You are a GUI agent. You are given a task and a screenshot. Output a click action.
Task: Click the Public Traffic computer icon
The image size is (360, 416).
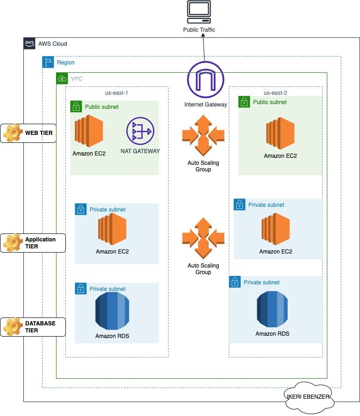[199, 12]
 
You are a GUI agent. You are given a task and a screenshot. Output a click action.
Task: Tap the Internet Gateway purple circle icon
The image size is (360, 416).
[205, 79]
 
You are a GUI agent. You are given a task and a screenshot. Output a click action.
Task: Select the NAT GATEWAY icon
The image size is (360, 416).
[140, 131]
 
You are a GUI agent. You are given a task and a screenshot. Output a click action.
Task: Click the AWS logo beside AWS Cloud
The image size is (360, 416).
[29, 43]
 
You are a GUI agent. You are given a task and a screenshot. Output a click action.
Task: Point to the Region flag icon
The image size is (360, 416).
[48, 62]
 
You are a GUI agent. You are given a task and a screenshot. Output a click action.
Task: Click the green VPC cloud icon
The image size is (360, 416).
[62, 78]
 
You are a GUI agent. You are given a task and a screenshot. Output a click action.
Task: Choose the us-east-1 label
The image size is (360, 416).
[116, 93]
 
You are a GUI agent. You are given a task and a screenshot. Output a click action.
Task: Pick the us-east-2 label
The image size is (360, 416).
[275, 93]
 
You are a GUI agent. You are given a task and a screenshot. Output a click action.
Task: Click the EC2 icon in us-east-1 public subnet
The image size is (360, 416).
[89, 131]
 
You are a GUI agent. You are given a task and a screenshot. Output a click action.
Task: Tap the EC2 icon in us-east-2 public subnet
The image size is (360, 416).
[280, 133]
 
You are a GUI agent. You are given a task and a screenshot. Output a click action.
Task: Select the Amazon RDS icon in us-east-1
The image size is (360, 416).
[112, 310]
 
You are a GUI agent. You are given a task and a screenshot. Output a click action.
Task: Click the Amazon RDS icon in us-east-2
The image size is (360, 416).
[272, 309]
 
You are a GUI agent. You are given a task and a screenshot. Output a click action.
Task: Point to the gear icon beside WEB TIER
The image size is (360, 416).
[13, 133]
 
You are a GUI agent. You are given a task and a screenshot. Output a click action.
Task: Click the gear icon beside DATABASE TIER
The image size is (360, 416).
[13, 327]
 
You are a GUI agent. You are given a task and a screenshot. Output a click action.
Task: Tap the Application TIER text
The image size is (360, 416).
[40, 243]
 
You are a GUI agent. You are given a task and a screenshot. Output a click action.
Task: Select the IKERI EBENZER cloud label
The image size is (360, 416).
[308, 397]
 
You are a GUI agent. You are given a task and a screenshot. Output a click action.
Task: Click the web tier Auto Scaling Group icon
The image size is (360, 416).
[203, 135]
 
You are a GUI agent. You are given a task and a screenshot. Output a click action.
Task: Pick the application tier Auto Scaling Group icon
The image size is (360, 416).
[203, 238]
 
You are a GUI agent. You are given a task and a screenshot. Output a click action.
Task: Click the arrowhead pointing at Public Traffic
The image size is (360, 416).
[203, 36]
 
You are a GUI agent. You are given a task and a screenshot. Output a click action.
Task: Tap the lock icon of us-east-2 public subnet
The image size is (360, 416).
[244, 102]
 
